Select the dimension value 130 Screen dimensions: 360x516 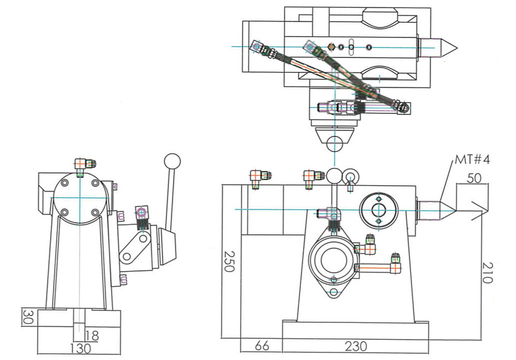(x=79, y=348)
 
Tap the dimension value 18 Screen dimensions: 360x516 (x=92, y=336)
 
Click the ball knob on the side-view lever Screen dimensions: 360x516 (x=172, y=161)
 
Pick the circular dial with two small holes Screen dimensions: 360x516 (x=379, y=210)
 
